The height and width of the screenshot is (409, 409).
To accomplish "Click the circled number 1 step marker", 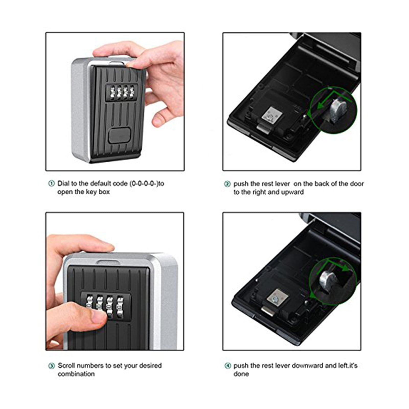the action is point(51,184).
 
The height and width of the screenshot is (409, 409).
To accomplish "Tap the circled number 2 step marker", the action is point(227,184).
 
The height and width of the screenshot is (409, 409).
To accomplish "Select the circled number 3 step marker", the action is point(52,366).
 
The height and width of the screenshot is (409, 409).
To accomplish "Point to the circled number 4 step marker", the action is point(228,366).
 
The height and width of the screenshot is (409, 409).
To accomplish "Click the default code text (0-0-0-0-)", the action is point(144,183).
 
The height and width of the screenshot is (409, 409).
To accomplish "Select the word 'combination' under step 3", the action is point(76,374).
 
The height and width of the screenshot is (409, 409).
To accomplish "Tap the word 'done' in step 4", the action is point(241,374).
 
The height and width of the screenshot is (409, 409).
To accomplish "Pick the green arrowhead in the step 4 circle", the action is point(346,268).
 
